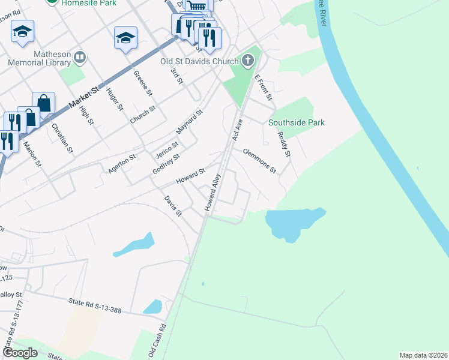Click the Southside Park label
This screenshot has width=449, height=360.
[x=297, y=122]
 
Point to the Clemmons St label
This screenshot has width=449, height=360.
[x=260, y=160]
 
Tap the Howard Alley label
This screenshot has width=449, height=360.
[x=213, y=192]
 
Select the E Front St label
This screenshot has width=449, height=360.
[x=264, y=88]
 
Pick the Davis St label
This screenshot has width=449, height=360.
[x=173, y=205]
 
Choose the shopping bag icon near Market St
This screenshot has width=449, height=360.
[x=44, y=103]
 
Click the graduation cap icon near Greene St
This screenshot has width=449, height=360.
[x=126, y=39]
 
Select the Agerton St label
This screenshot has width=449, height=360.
[x=122, y=162]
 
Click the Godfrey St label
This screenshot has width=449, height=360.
[x=166, y=163]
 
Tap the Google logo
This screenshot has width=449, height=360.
[x=20, y=353]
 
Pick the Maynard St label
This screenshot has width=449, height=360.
[x=189, y=122]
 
